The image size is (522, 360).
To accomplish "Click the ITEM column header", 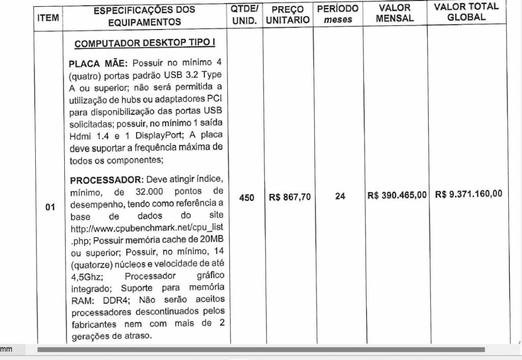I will (x=48, y=17).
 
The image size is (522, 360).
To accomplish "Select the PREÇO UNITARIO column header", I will (x=288, y=16).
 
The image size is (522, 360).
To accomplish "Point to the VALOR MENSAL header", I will (x=395, y=14).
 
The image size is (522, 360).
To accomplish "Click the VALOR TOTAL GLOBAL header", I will (x=466, y=12).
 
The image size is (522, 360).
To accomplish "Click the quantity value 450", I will (x=247, y=197).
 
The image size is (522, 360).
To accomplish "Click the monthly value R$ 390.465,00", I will (x=397, y=195).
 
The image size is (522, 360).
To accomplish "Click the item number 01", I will (x=50, y=208).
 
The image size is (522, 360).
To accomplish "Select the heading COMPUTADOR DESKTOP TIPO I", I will (x=145, y=44).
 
